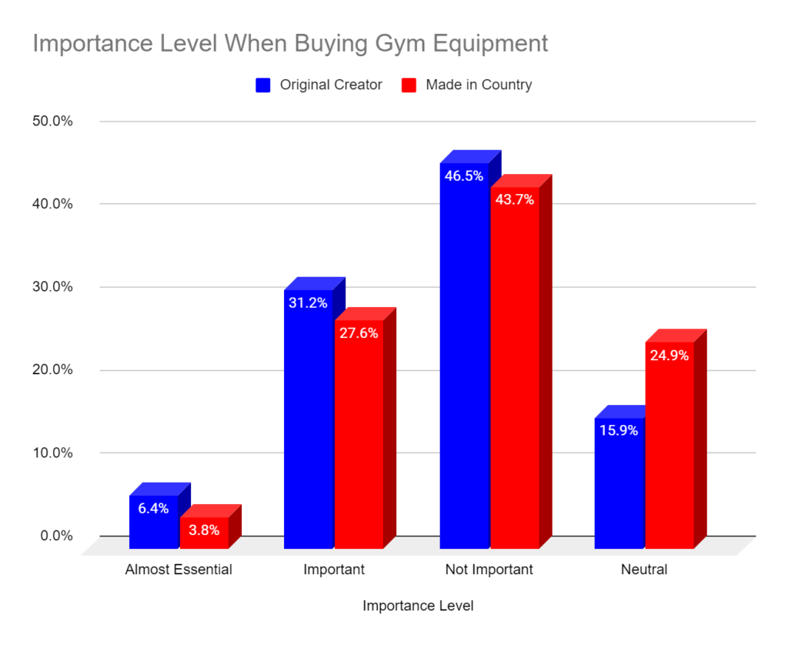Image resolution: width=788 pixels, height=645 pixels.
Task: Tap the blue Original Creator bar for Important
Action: pyautogui.click(x=309, y=423)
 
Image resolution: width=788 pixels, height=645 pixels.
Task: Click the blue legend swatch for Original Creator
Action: pyautogui.click(x=263, y=85)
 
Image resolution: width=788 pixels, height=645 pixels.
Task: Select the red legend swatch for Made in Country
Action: pyautogui.click(x=409, y=85)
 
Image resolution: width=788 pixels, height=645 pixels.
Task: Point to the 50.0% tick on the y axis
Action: pyautogui.click(x=51, y=122)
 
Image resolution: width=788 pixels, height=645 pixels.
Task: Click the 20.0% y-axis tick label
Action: pyautogui.click(x=51, y=370)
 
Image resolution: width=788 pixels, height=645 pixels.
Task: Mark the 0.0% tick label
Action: pyautogui.click(x=54, y=536)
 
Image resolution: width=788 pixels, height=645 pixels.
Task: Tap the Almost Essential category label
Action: pyautogui.click(x=178, y=570)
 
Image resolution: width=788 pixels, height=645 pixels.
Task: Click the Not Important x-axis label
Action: pyautogui.click(x=489, y=570)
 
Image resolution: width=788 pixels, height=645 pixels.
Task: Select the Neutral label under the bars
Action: pyautogui.click(x=644, y=570)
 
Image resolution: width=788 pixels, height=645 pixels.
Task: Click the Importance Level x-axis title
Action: pyautogui.click(x=418, y=607)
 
